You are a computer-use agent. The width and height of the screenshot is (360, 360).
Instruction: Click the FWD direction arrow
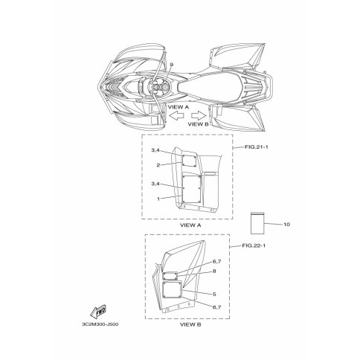(98, 312)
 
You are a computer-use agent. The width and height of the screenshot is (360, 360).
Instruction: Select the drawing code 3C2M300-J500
(100, 324)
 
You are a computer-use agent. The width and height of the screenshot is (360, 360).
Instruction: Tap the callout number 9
(172, 65)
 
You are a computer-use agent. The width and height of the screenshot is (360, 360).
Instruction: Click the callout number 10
(286, 225)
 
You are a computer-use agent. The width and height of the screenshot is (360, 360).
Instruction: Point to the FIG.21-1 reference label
(257, 147)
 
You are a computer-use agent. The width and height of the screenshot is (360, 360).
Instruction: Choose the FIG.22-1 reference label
(254, 245)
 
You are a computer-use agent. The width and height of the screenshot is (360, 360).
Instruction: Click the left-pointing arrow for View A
(176, 115)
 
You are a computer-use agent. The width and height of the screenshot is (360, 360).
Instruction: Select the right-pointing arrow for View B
(199, 115)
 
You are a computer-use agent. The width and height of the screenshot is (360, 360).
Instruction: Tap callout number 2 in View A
(158, 165)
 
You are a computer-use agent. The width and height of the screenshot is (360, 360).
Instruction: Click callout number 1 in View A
(158, 199)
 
